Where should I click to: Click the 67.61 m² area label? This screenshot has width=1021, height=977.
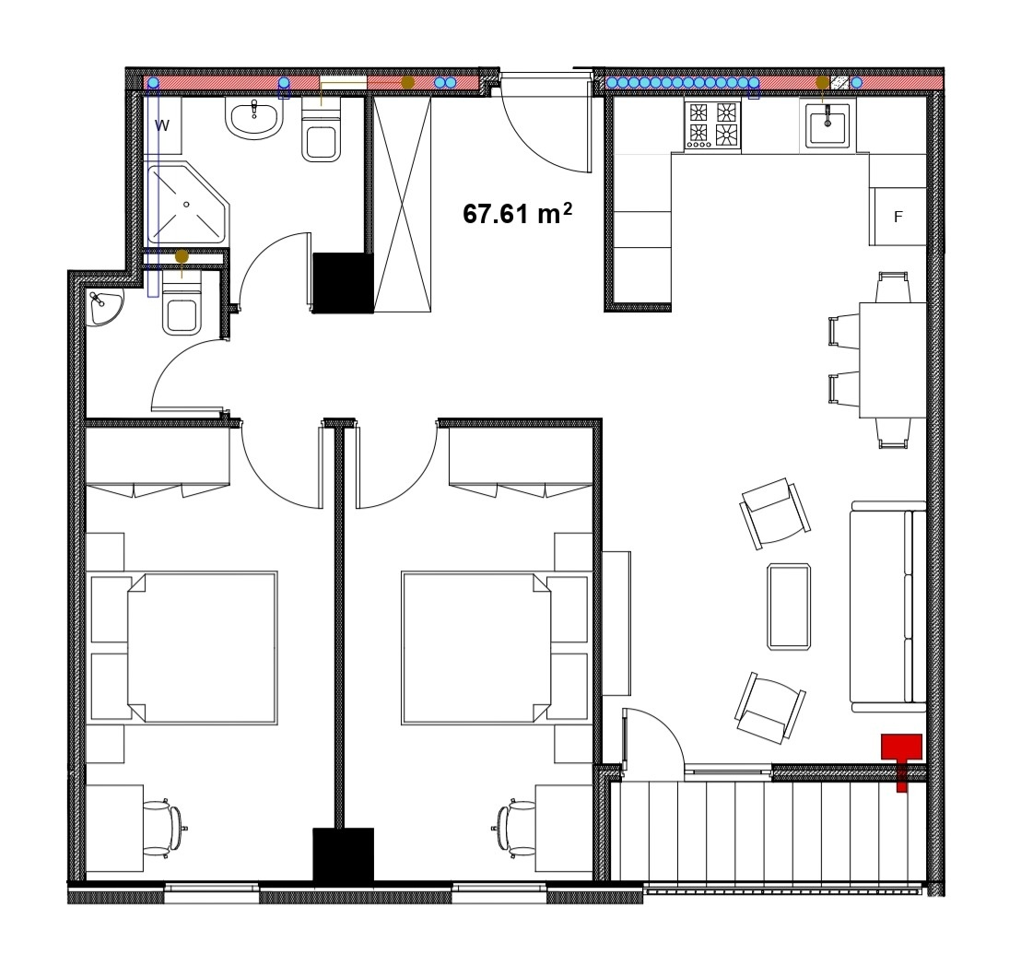pos(518,213)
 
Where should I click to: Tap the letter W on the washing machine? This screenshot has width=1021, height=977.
pos(162,125)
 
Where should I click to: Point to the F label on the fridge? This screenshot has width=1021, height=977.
pos(898,217)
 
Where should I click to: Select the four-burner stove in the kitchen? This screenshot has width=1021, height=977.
pos(712,125)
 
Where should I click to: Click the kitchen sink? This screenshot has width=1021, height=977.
pos(827,124)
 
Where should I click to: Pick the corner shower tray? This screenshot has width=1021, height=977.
pos(187,203)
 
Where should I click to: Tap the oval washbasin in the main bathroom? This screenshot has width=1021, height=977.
pos(254,117)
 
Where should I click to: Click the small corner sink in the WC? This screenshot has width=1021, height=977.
pos(105,308)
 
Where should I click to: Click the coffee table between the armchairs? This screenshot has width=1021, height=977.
pos(789,606)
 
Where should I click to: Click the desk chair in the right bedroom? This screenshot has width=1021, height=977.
pos(514,828)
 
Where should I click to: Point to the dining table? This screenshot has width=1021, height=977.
pos(893,359)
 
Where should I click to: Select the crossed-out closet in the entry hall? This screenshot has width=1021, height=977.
pos(403,205)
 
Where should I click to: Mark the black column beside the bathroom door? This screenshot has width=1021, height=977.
pos(343,283)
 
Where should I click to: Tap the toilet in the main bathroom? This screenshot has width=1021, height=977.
pos(322,130)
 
